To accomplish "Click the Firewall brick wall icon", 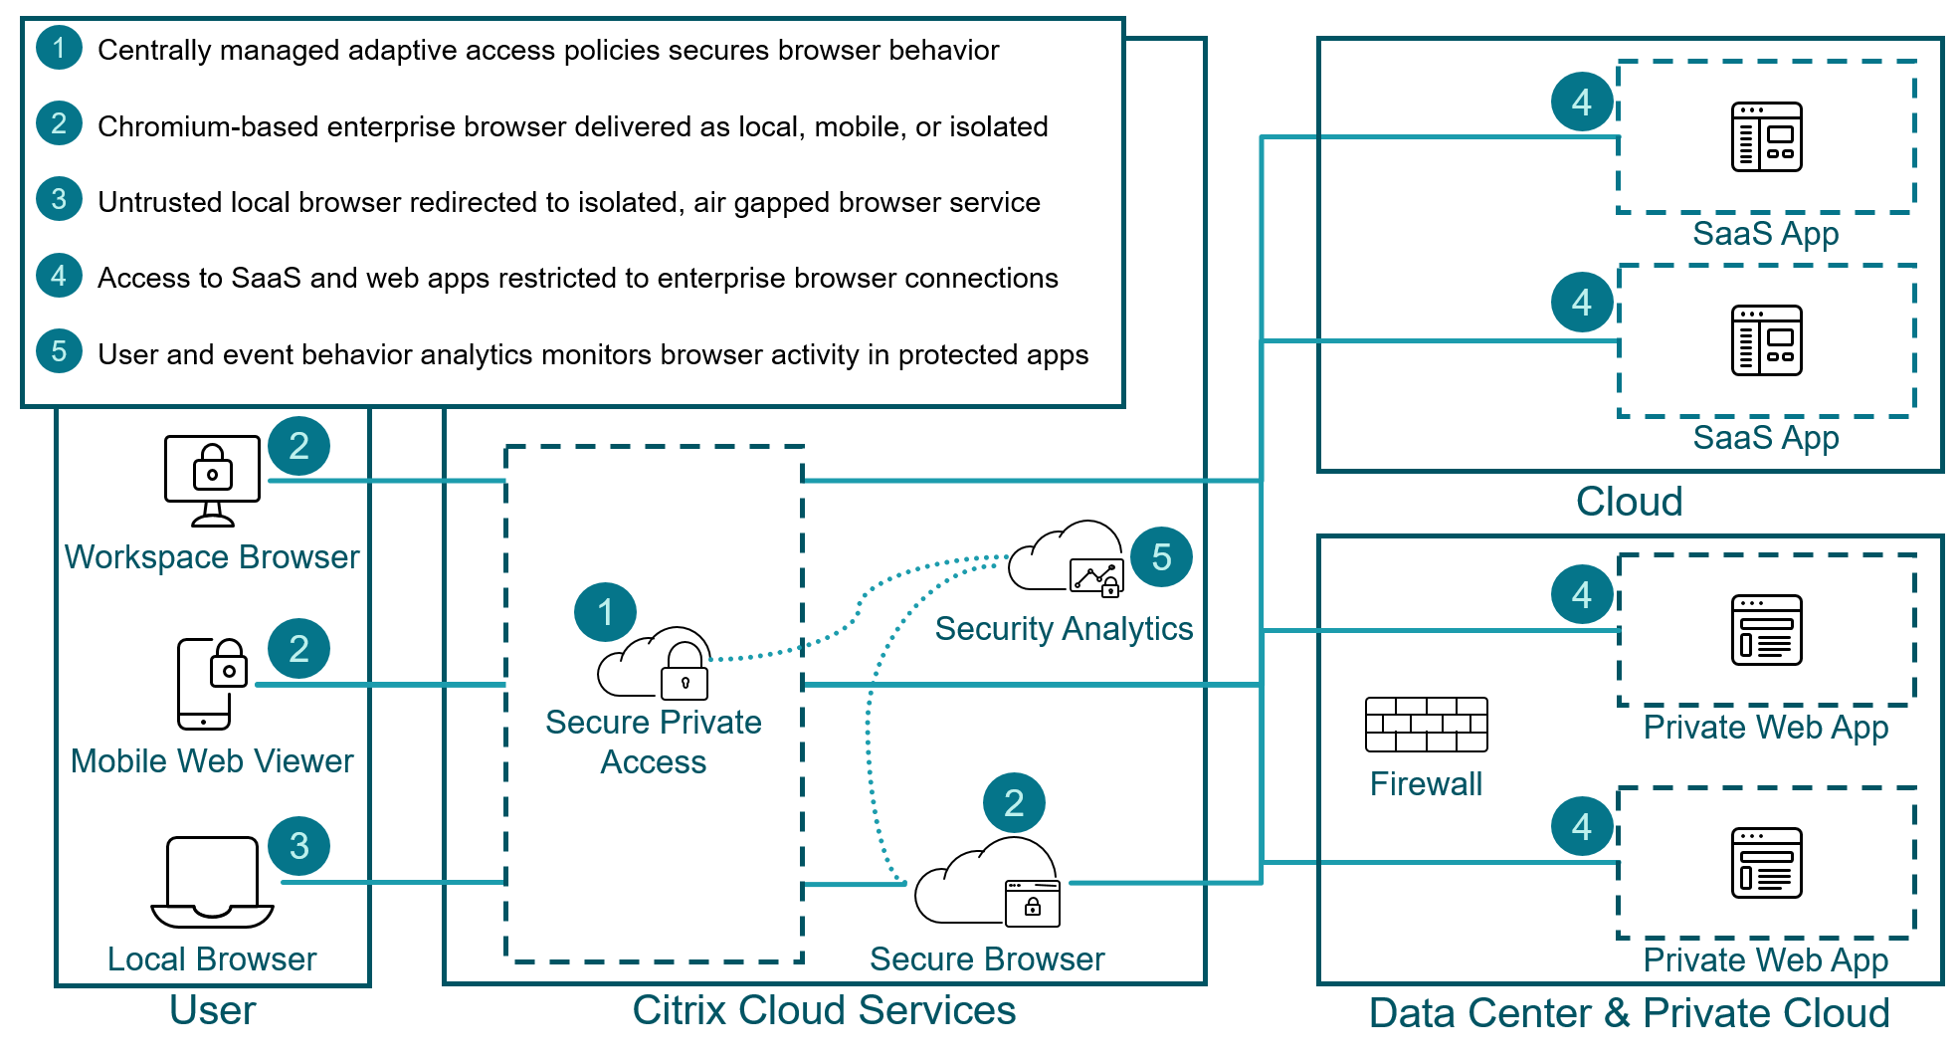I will pos(1426,725).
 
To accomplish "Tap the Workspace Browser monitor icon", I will pos(212,480).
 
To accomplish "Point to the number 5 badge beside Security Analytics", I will pos(1161,557).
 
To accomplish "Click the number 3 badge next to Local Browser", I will pos(298,846).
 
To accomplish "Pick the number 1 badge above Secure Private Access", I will pos(605,612).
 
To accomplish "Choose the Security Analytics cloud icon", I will pos(1066,558).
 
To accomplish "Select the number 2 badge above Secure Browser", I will pos(1014,803).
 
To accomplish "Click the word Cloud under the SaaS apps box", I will pos(1629,502).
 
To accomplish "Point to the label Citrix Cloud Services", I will pos(824,1010).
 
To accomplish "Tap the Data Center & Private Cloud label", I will pos(1629,1013).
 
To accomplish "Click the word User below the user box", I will pos(212,1010).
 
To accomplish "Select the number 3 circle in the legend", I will pos(59,199).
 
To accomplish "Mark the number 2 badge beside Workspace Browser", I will pos(298,446).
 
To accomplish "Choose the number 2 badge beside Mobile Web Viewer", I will pos(298,649).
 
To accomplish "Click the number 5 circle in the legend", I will pos(59,351).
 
